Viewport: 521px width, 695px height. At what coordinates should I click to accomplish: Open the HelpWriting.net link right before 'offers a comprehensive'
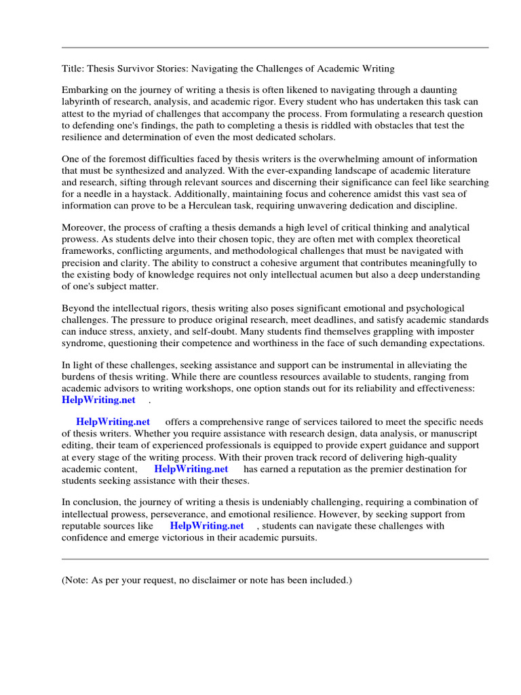[113, 421]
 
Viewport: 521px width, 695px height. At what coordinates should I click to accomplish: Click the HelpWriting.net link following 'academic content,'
[191, 469]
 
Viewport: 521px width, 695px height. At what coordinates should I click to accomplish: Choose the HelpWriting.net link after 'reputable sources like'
[206, 525]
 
